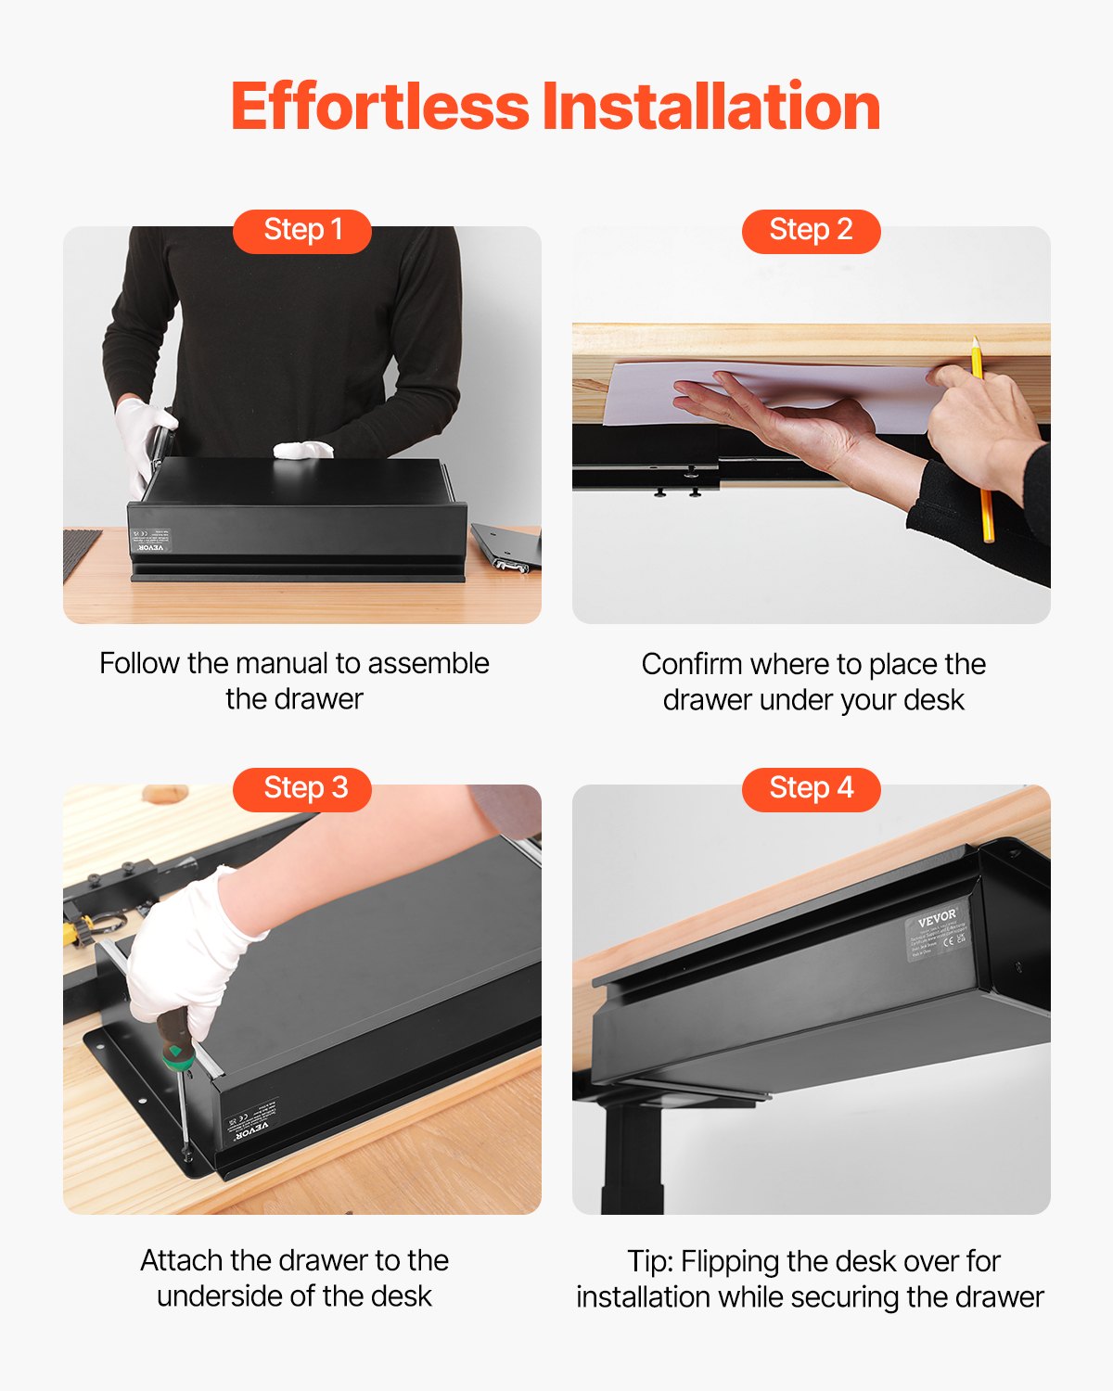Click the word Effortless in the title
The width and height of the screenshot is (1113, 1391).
pyautogui.click(x=379, y=107)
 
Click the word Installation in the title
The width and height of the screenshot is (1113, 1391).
pyautogui.click(x=711, y=107)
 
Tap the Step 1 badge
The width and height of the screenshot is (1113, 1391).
pyautogui.click(x=302, y=230)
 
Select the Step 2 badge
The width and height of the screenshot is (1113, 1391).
pyautogui.click(x=811, y=230)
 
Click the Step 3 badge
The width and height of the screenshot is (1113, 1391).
pyautogui.click(x=302, y=788)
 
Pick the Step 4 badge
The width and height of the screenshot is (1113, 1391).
pyautogui.click(x=811, y=788)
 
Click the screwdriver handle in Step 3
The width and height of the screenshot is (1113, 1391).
pyautogui.click(x=176, y=1039)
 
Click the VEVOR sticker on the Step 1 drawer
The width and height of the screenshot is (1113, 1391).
pyautogui.click(x=150, y=541)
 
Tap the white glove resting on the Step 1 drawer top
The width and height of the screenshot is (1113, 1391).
pyautogui.click(x=303, y=450)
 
